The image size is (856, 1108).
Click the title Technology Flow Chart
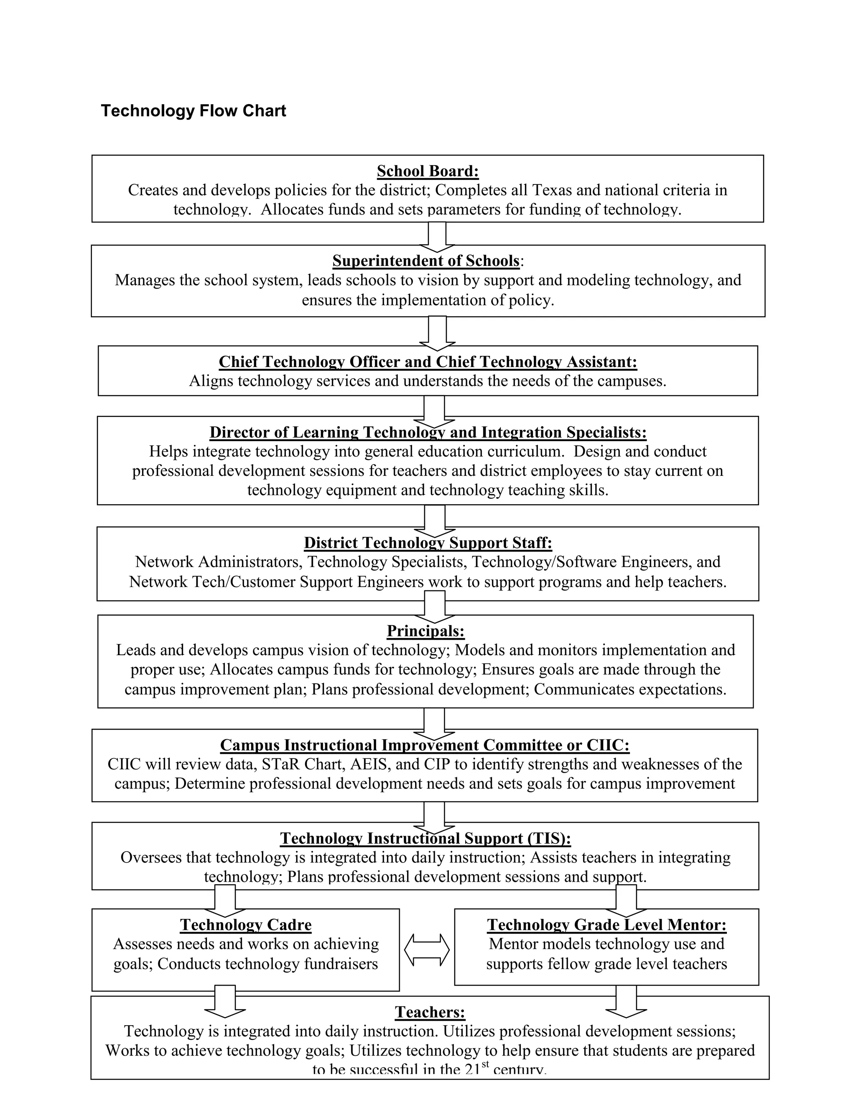tap(193, 111)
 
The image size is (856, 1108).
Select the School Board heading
tap(428, 171)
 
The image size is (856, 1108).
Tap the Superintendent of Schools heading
tap(426, 261)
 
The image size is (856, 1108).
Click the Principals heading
tap(425, 631)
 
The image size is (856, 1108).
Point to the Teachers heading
tap(430, 1012)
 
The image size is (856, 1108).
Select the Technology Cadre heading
tap(245, 925)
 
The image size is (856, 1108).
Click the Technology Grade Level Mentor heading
tap(606, 925)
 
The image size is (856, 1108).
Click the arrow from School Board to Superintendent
tap(437, 236)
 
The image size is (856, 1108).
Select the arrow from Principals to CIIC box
tap(434, 723)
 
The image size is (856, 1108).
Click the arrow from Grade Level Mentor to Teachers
tap(626, 1001)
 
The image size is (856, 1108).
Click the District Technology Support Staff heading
tap(428, 543)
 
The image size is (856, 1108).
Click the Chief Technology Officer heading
tap(428, 362)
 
